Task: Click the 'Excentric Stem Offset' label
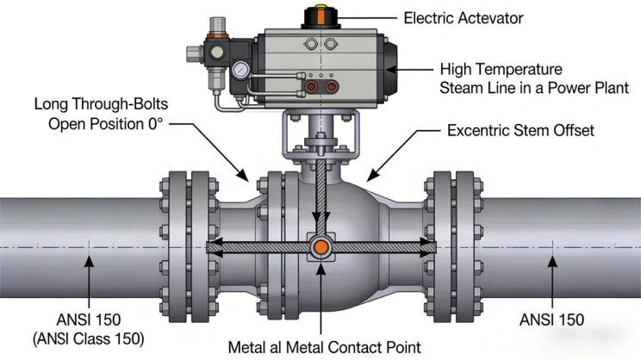520,132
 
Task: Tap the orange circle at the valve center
320,248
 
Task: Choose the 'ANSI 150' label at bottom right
551,320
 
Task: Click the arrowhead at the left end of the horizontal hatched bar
215,248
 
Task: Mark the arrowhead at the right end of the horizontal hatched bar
426,248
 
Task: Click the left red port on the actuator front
311,88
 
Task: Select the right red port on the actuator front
334,88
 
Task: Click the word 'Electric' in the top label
433,17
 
